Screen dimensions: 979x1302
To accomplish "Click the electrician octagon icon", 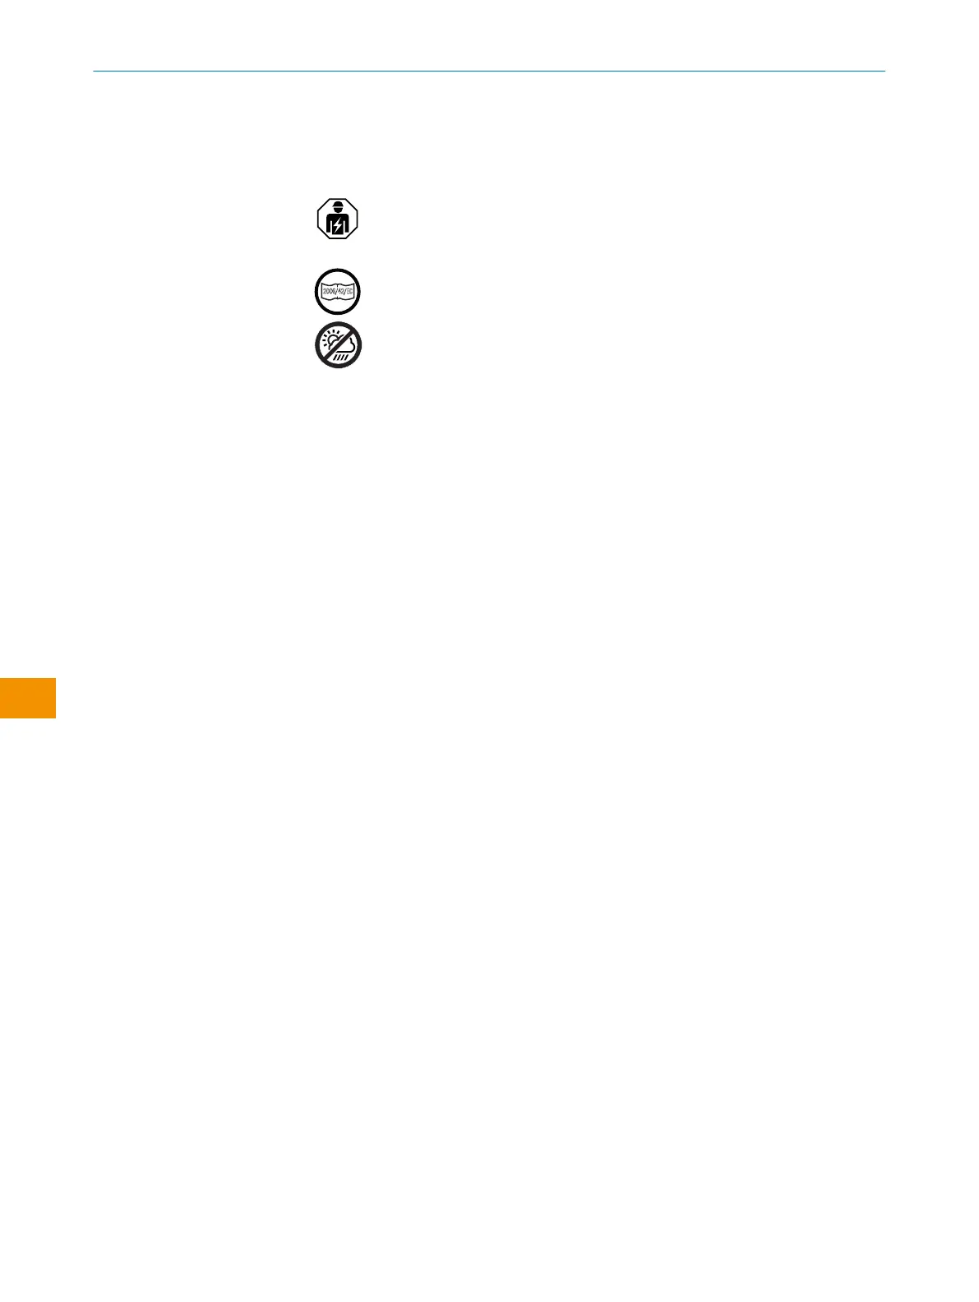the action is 338,219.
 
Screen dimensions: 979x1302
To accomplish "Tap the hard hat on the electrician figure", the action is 338,205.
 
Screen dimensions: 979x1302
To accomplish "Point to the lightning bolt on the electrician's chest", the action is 338,225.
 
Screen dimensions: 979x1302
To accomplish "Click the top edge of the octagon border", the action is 338,200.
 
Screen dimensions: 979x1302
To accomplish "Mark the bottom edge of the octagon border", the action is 338,239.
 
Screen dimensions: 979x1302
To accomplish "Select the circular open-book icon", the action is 338,292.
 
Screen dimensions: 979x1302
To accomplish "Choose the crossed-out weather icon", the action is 338,345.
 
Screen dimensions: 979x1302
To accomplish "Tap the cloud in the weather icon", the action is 344,345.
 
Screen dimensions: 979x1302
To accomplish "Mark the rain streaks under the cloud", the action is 340,356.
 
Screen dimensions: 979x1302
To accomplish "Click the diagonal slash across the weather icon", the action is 338,345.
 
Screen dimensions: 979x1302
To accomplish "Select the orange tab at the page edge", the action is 27,698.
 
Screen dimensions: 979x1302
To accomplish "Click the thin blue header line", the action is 489,71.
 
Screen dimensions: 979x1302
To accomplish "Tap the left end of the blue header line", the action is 95,71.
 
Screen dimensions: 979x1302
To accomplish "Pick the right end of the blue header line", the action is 884,71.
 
